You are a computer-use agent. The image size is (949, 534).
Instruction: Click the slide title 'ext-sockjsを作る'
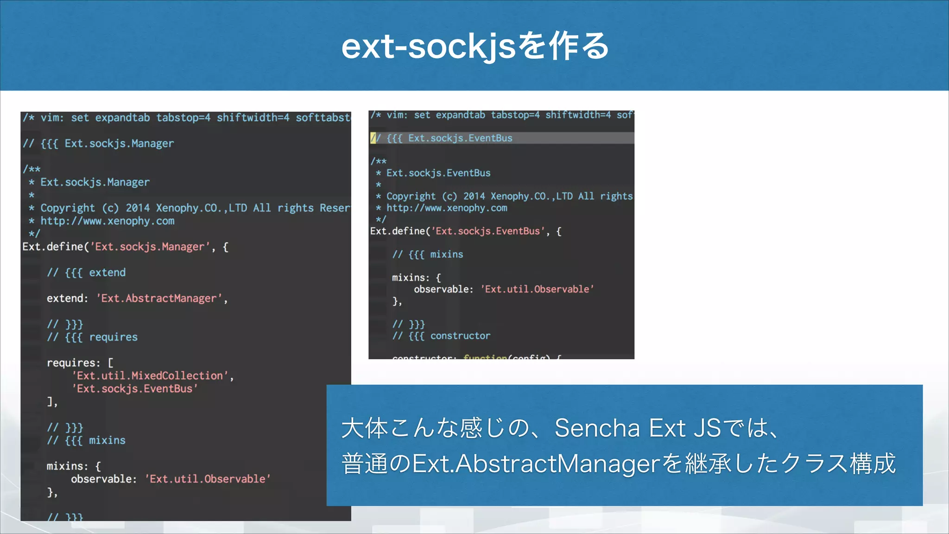[474, 46]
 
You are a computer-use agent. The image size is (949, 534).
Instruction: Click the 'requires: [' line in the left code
[80, 362]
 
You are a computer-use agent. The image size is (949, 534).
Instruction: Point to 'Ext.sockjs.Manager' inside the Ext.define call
[149, 247]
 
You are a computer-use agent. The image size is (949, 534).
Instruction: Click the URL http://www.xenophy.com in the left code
[107, 221]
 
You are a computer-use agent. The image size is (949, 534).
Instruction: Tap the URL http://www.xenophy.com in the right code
[447, 208]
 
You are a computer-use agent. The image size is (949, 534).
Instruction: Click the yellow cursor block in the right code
[373, 138]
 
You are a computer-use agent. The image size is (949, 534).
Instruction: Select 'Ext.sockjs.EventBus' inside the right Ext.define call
[488, 231]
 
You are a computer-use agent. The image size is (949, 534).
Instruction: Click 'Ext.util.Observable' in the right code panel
[537, 289]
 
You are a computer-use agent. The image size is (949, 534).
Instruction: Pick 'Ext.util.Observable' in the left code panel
[208, 479]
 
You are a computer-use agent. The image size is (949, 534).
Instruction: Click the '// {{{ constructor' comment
[441, 336]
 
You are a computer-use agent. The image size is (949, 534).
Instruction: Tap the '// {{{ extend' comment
[86, 273]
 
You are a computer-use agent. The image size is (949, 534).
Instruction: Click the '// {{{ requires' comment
[92, 337]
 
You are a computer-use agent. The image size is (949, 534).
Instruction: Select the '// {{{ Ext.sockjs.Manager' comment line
[98, 144]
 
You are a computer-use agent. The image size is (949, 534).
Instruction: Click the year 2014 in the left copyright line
[138, 208]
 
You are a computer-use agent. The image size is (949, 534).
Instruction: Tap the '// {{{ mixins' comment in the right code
[427, 254]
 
